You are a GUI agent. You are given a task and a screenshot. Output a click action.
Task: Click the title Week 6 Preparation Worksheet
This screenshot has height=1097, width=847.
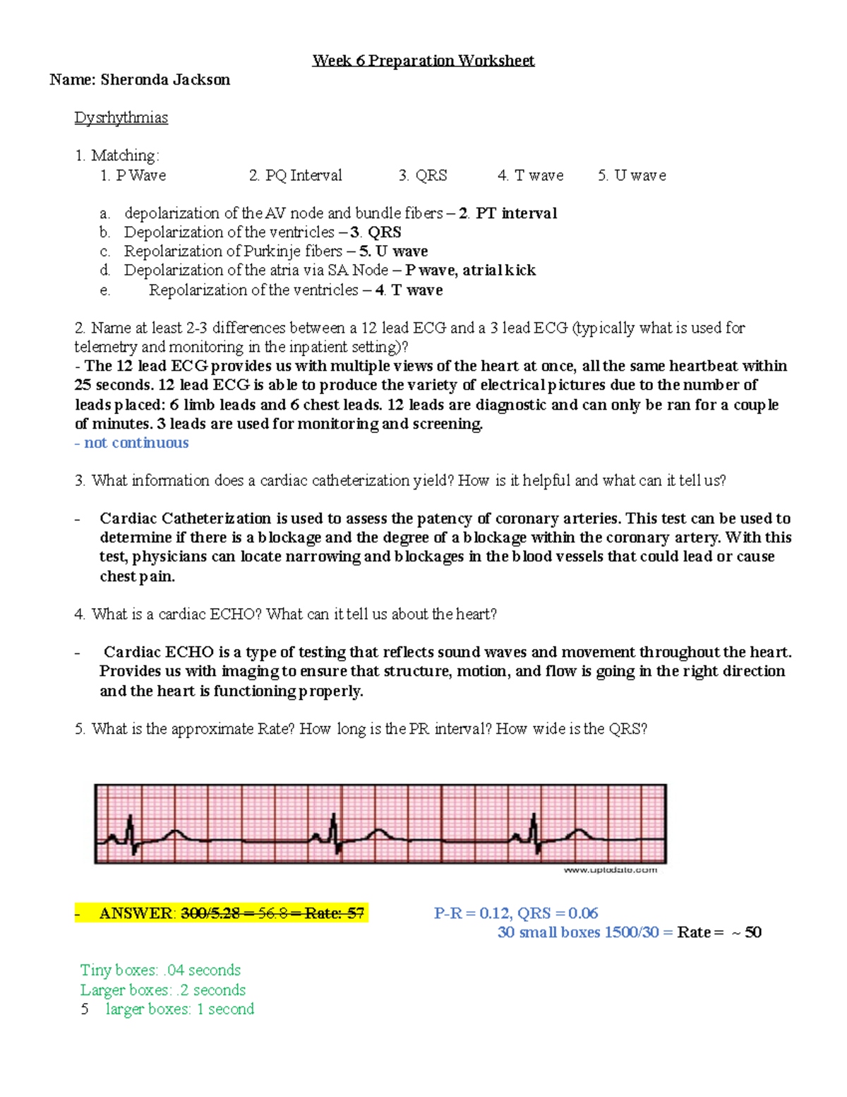[x=423, y=61]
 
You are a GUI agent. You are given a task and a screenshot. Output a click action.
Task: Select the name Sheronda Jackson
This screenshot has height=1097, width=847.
[x=165, y=80]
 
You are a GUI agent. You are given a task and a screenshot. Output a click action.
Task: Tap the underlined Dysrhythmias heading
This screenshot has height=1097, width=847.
[x=121, y=118]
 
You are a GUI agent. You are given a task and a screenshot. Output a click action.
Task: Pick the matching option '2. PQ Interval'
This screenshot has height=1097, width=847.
[x=295, y=175]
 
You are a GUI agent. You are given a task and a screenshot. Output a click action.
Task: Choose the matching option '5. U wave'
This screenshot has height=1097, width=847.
[x=632, y=175]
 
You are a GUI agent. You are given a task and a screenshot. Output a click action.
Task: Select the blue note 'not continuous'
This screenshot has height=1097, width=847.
[x=136, y=443]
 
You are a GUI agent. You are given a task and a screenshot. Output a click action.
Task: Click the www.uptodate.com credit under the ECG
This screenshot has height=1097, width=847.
[x=610, y=870]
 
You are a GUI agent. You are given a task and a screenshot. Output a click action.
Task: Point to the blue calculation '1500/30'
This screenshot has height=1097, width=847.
[x=631, y=932]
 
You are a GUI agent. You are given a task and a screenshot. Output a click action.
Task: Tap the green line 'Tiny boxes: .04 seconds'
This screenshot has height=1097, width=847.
[x=160, y=971]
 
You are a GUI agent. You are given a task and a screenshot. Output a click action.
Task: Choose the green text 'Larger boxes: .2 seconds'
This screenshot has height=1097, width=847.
[x=163, y=990]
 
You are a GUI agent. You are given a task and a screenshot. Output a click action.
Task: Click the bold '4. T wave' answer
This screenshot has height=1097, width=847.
[x=409, y=290]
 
